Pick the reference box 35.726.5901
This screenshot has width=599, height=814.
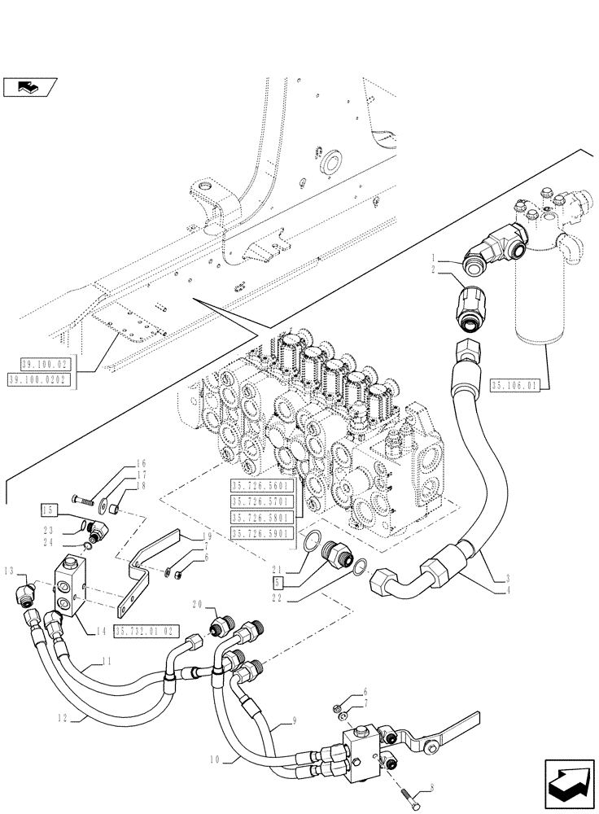tap(264, 532)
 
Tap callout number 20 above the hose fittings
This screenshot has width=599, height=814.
tap(196, 604)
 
